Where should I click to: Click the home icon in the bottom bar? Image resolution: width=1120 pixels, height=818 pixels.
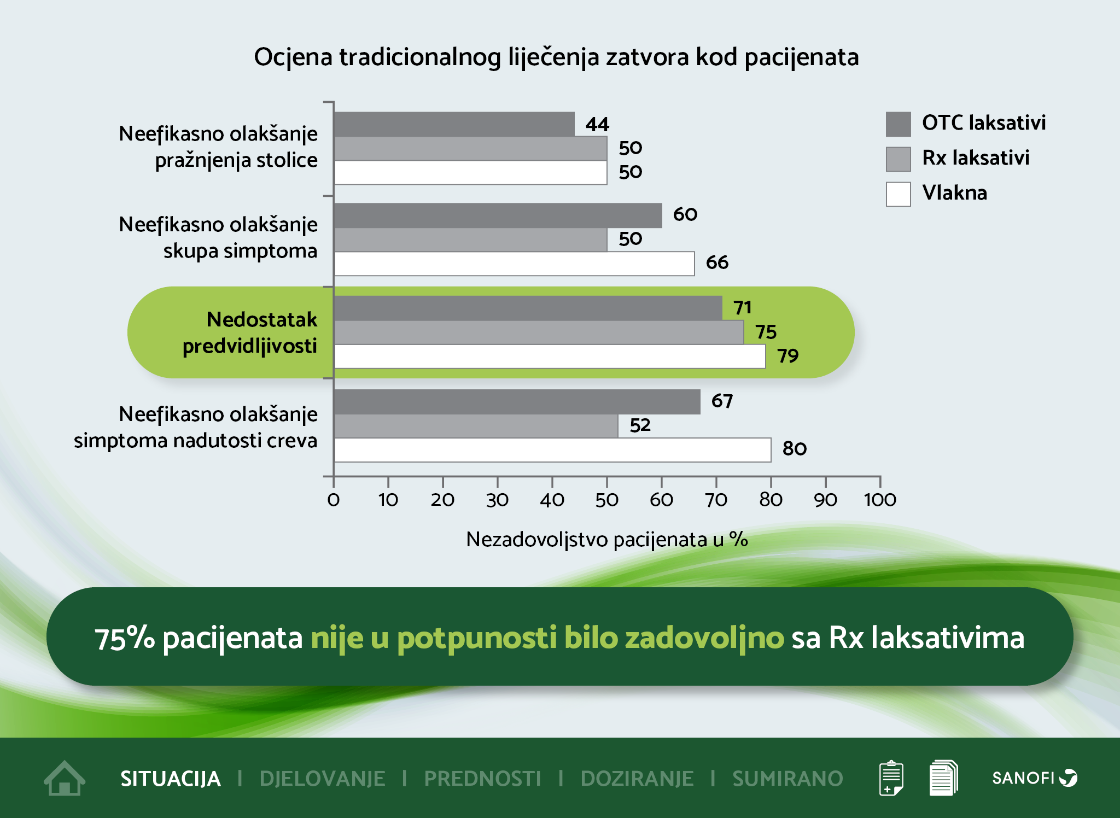tap(65, 778)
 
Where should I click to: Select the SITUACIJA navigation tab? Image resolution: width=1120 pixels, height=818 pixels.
tap(170, 779)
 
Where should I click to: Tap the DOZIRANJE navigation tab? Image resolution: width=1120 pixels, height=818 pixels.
tap(637, 779)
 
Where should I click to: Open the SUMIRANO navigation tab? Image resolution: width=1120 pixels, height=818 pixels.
tap(787, 779)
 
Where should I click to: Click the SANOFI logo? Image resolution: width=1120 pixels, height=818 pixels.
tap(1034, 778)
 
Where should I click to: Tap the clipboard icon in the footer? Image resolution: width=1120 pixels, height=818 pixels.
tap(891, 778)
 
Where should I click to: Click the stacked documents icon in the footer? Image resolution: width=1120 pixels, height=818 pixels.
tap(943, 778)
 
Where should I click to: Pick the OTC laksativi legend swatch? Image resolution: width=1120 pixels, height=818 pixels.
tap(898, 124)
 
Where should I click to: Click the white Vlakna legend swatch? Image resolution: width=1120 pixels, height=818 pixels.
tap(898, 194)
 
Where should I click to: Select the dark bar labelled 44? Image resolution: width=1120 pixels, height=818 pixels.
tap(454, 124)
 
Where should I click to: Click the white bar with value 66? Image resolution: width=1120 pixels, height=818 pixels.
tap(514, 264)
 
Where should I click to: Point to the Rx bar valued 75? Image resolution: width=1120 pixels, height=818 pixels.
tap(539, 332)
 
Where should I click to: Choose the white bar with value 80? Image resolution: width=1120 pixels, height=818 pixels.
tap(552, 449)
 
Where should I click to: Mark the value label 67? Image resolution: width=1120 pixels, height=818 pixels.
tap(722, 401)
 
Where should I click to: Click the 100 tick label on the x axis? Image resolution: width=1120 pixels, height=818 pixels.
tap(880, 500)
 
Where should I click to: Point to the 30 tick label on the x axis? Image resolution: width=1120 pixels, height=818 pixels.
tap(497, 500)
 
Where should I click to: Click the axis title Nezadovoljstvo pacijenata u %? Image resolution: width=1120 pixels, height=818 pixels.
tap(606, 540)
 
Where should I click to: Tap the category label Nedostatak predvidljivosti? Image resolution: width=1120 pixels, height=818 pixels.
tap(250, 332)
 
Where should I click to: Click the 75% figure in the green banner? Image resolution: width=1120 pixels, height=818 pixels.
tap(125, 638)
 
